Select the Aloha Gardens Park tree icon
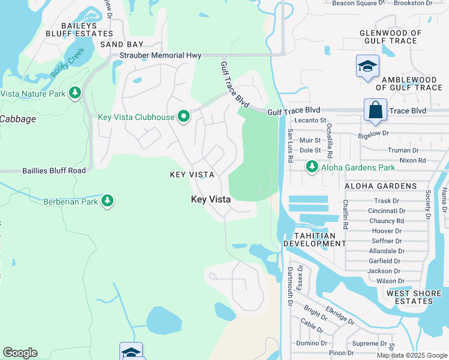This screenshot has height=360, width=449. pos(312,166)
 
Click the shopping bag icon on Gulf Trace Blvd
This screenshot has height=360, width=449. pos(375,110)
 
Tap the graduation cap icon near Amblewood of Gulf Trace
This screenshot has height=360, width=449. pos(367,66)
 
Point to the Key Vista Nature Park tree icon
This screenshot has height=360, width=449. pos(75,94)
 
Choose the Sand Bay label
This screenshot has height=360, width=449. pos(122,44)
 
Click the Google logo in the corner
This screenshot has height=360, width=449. pos(20,352)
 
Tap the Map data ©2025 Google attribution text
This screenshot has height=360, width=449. pos(411,355)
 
